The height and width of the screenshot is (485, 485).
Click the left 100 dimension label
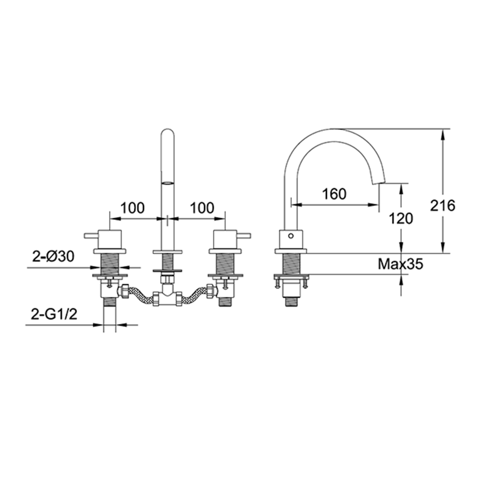132,208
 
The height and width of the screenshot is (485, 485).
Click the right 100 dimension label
201,208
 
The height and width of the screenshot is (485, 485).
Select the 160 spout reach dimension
335,194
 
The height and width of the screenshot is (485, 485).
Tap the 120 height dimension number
401,218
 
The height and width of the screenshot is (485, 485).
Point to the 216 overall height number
443,206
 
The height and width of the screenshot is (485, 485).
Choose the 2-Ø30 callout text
53,257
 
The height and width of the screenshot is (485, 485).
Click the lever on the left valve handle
91,236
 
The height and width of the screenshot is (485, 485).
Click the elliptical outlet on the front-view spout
167,183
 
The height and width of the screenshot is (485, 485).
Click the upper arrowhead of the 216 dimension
442,133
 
